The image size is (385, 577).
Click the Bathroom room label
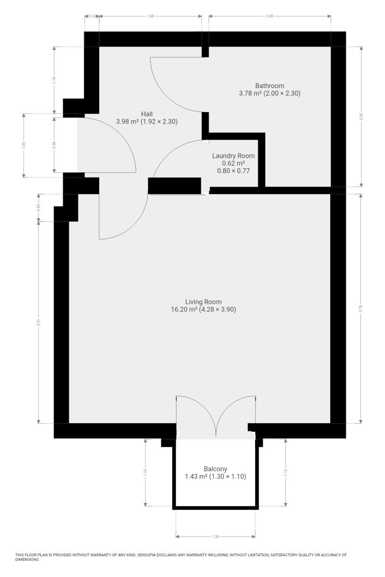point(269,86)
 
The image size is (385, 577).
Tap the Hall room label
point(147,114)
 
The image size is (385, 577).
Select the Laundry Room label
point(233,156)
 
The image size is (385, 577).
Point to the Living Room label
point(203,302)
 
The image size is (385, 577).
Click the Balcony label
point(215,469)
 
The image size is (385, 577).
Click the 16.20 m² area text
point(184,309)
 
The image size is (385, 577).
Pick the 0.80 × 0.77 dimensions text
point(233,171)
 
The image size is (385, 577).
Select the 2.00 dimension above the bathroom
point(269,16)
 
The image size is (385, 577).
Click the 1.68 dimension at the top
point(150,16)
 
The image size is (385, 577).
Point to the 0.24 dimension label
point(92,16)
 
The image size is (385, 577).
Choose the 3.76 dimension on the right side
point(361,308)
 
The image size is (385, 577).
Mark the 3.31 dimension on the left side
point(38,323)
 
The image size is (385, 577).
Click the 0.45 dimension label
point(38,208)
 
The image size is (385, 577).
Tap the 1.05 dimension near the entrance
point(24,146)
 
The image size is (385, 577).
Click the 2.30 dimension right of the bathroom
point(361,117)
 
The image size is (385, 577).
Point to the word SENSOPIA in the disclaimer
point(147,554)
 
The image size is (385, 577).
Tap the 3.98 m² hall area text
point(128,122)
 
